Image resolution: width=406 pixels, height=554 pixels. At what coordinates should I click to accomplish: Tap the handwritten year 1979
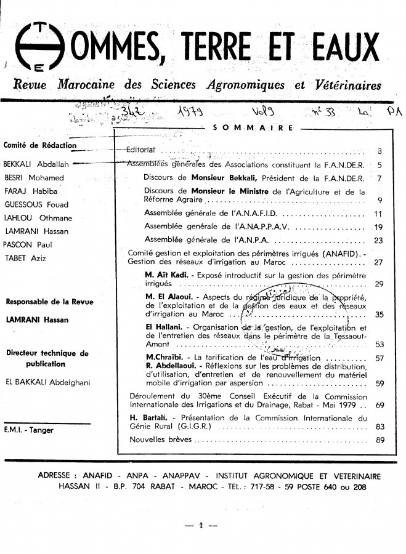(x=192, y=114)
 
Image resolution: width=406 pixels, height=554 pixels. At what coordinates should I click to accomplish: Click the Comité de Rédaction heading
(x=40, y=145)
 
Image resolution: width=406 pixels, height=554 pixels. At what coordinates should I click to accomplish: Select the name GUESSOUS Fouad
(x=29, y=204)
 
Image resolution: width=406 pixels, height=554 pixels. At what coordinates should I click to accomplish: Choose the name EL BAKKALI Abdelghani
(x=47, y=382)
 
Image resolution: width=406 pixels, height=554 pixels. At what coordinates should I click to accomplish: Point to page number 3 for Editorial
(x=380, y=151)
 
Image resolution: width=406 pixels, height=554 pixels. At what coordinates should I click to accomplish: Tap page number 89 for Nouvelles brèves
(x=380, y=440)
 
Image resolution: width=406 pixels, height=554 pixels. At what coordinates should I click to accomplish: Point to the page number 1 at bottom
(x=201, y=526)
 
